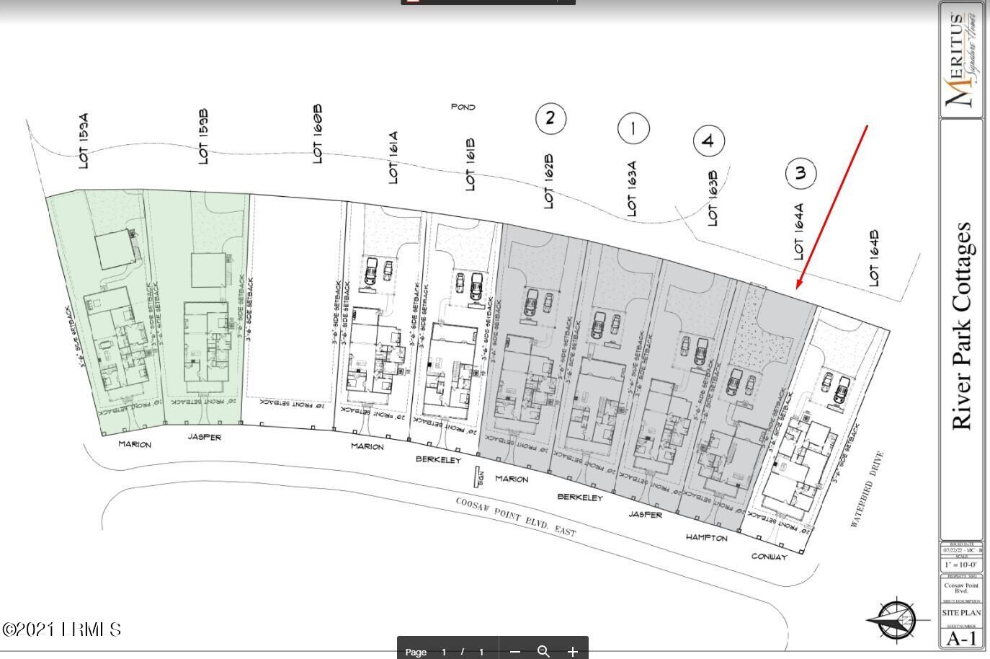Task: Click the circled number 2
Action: [550, 118]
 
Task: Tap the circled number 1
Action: [633, 129]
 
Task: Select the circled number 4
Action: [708, 141]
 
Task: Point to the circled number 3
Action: [801, 173]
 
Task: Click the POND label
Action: [463, 107]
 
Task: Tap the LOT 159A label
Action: [84, 141]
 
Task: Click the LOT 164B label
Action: [874, 258]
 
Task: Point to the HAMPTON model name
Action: [706, 538]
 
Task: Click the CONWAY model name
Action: [770, 557]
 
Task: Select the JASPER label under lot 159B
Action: [205, 438]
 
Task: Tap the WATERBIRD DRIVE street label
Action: [867, 490]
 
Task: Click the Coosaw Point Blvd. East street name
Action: [516, 516]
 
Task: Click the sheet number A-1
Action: [961, 639]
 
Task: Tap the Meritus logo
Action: [962, 61]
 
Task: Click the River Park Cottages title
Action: [963, 326]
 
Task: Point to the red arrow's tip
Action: [797, 288]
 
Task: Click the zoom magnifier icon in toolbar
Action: [543, 652]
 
